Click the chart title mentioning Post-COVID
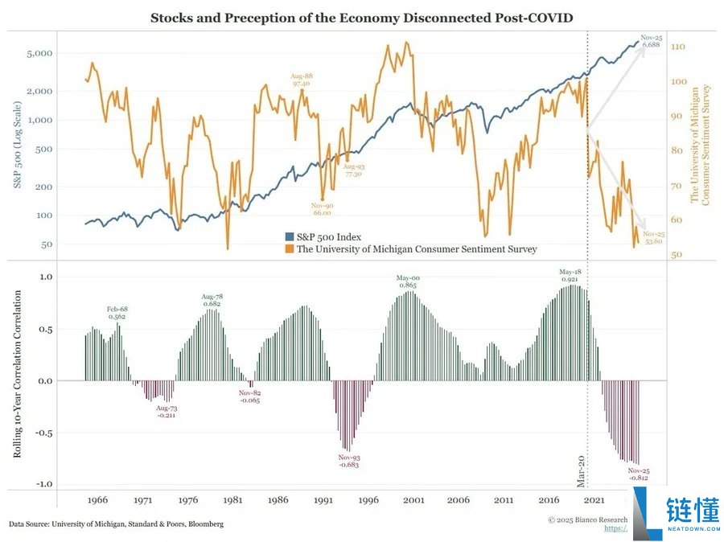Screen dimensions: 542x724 tap(361, 17)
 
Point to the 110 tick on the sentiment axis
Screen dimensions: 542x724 tap(677, 47)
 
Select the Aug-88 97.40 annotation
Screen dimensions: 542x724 tap(302, 79)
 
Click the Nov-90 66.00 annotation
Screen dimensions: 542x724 tap(323, 209)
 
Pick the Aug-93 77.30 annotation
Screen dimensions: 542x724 tap(353, 169)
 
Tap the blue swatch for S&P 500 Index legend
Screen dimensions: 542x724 tap(290, 236)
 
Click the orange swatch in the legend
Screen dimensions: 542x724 tap(290, 249)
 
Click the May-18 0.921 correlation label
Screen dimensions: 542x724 tap(570, 275)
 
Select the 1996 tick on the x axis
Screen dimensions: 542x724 tap(369, 499)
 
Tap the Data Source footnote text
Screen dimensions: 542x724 tap(117, 524)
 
